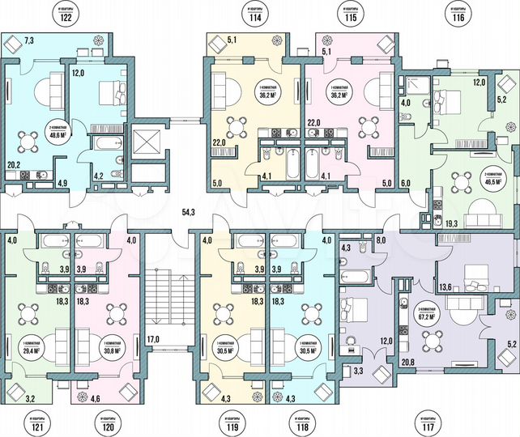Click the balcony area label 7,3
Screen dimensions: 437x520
[x=30, y=40]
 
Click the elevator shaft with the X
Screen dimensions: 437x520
[x=150, y=142]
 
